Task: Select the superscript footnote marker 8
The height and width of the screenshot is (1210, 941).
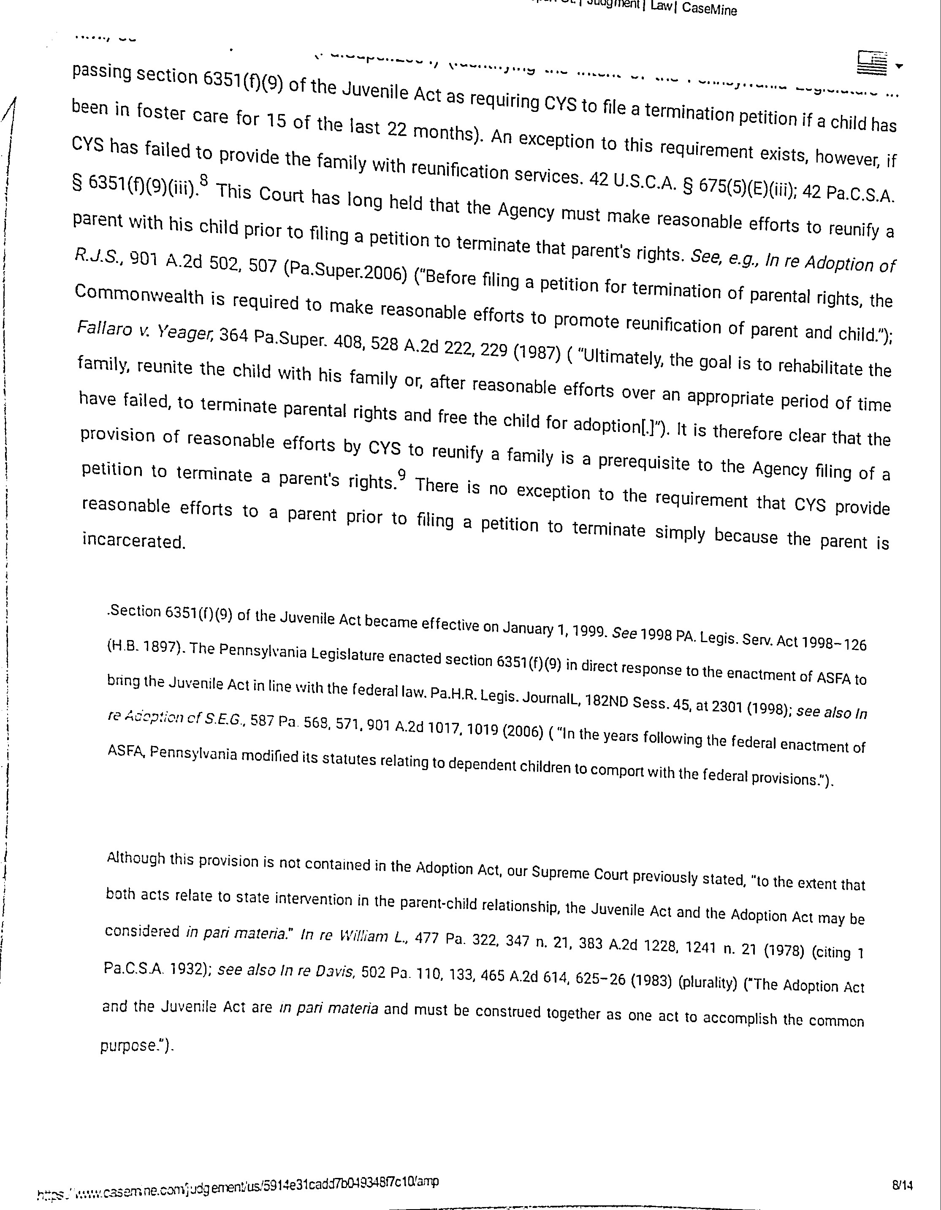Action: pos(204,180)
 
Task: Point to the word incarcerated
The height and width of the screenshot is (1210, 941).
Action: pos(133,540)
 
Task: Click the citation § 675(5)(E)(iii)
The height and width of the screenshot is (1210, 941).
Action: pos(737,188)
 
